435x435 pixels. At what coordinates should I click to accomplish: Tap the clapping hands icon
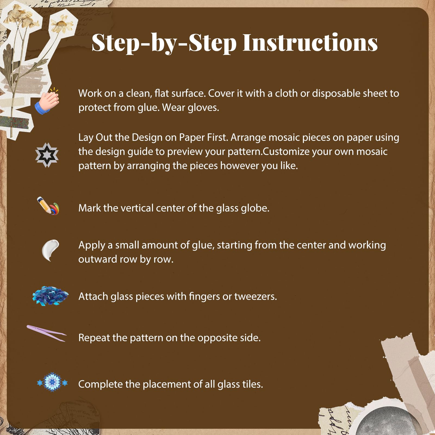point(47,101)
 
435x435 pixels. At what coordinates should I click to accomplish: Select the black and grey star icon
point(47,155)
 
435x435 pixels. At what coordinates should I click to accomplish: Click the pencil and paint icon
point(48,206)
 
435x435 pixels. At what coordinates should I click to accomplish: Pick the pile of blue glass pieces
point(50,296)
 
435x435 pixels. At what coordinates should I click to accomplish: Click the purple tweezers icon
point(46,333)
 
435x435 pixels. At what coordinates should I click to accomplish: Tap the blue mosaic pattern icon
point(52,382)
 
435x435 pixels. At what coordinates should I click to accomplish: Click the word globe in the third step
point(256,208)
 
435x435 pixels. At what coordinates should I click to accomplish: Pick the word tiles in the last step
point(253,384)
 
